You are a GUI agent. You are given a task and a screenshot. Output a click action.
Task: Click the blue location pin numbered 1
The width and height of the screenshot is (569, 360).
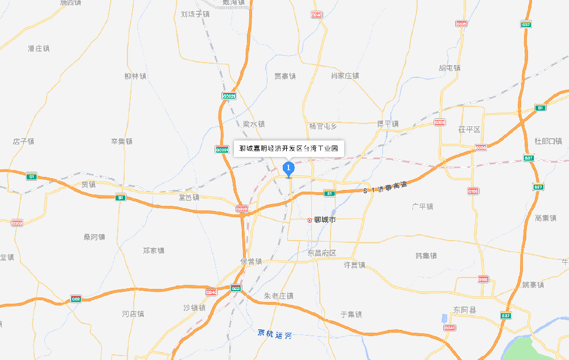(x=288, y=168)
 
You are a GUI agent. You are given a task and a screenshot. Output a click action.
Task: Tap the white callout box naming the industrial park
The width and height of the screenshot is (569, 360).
(x=288, y=148)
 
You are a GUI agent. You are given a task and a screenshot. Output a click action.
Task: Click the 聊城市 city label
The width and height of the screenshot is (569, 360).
(x=325, y=220)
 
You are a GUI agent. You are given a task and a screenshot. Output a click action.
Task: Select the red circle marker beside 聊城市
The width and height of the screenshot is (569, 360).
(x=310, y=220)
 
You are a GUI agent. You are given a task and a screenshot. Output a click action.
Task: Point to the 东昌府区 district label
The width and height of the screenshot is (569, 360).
(x=322, y=253)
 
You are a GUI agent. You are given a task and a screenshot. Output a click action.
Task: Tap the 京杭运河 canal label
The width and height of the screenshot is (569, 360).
(x=274, y=334)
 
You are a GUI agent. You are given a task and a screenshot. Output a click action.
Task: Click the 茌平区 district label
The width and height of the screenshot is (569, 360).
(x=469, y=130)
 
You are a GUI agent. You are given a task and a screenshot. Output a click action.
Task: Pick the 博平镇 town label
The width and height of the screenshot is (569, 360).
(x=388, y=124)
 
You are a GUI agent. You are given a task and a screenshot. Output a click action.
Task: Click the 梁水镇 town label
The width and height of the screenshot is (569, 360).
(x=254, y=124)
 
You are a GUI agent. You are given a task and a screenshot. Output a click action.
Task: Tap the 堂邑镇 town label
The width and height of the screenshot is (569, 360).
(x=189, y=197)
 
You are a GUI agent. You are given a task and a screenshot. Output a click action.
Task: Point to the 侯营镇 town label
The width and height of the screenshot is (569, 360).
(x=251, y=262)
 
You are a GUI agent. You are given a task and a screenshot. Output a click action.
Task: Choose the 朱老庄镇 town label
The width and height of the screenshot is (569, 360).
(x=279, y=296)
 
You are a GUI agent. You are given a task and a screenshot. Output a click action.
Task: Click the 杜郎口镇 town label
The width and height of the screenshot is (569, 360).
(x=549, y=141)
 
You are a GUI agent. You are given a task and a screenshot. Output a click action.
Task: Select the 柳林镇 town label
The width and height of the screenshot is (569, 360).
(x=135, y=76)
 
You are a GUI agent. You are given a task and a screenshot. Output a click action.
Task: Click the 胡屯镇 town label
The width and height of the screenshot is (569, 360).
(x=450, y=68)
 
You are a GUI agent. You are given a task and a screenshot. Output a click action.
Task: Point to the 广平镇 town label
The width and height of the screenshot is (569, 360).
(x=423, y=206)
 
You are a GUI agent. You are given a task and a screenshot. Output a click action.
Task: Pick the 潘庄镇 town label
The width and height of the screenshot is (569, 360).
(x=39, y=49)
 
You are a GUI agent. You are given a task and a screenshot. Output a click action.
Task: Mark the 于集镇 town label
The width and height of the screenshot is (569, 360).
(x=351, y=314)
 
